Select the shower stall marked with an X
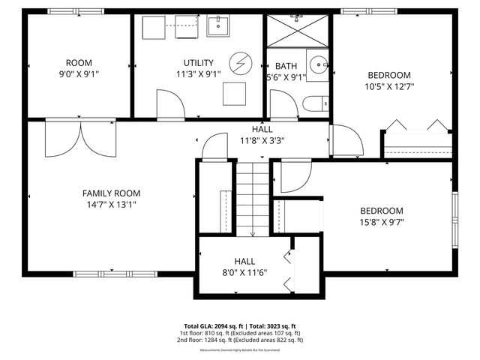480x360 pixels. pyautogui.click(x=298, y=30)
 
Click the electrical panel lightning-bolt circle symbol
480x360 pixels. pyautogui.click(x=241, y=62)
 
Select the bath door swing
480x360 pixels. pyautogui.click(x=283, y=104)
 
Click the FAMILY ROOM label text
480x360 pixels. pyautogui.click(x=111, y=193)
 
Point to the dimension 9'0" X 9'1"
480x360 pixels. pyautogui.click(x=79, y=74)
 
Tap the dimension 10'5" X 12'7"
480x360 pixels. pyautogui.click(x=388, y=86)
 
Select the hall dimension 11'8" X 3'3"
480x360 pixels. pyautogui.click(x=262, y=140)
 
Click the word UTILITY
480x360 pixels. pyautogui.click(x=199, y=62)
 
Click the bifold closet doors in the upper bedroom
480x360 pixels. pyautogui.click(x=416, y=126)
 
